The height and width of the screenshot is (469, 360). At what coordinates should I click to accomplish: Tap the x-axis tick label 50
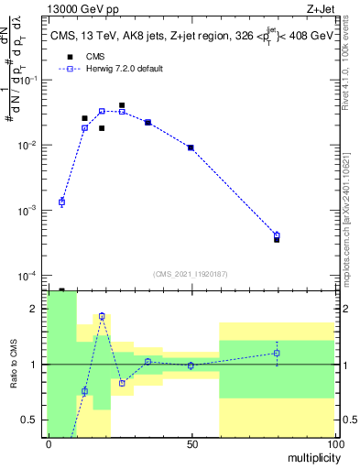click(191, 443)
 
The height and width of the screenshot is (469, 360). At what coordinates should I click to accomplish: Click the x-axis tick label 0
click(49, 443)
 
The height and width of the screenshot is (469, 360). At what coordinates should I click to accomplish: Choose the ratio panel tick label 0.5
click(30, 420)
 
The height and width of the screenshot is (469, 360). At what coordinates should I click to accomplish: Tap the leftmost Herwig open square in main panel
click(61, 202)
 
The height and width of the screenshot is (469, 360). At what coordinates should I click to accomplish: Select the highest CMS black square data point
click(122, 105)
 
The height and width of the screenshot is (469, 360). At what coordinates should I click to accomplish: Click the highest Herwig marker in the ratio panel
click(102, 316)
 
